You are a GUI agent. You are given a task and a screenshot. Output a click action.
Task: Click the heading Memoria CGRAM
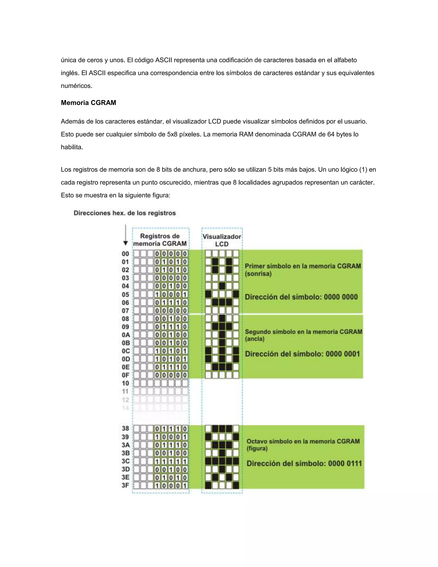(88, 103)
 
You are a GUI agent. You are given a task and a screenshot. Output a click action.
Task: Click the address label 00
(125, 254)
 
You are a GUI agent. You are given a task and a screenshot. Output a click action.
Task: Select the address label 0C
(126, 351)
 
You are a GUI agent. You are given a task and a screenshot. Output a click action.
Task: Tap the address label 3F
(126, 485)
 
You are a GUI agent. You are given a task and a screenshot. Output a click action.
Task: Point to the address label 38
(126, 429)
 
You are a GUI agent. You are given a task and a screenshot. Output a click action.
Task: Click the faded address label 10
(125, 383)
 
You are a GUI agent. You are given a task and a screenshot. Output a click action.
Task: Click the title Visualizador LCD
(222, 240)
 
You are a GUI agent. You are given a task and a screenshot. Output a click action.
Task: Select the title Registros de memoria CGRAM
(160, 240)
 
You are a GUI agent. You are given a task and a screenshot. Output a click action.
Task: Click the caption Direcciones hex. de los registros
(124, 213)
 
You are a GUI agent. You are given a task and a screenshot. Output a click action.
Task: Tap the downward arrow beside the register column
(126, 235)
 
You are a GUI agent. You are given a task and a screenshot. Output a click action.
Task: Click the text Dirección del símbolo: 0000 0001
(302, 354)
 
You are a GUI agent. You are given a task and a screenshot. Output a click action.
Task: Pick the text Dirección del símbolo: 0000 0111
(304, 463)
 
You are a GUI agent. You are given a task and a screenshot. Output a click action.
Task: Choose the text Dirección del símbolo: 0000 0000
(301, 297)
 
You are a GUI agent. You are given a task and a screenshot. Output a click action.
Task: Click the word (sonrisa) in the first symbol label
(258, 274)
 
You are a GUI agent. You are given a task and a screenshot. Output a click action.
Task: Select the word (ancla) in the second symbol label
(255, 339)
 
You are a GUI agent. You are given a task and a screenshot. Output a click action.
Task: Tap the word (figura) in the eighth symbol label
(257, 449)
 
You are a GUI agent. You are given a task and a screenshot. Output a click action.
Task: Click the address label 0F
(126, 375)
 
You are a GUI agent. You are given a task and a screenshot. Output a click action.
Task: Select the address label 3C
(126, 461)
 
